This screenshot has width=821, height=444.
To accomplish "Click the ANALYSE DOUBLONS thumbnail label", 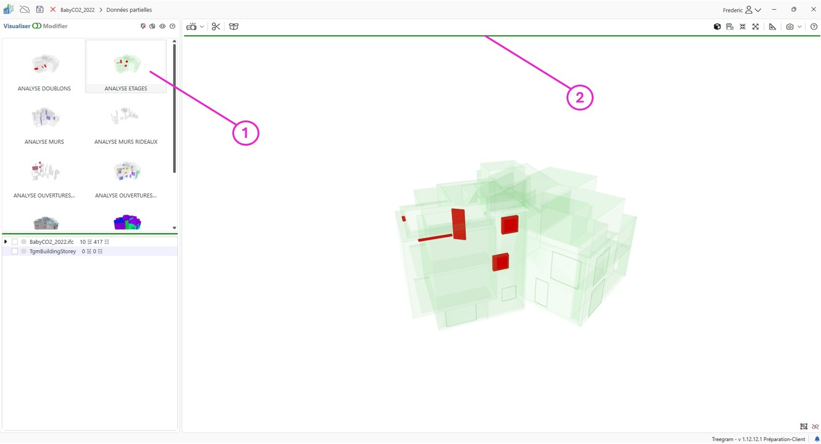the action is [x=44, y=88].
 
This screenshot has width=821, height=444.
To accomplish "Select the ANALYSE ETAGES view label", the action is [x=126, y=88].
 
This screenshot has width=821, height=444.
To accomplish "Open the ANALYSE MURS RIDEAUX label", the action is [x=126, y=142].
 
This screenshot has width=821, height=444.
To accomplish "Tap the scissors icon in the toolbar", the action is [x=216, y=27].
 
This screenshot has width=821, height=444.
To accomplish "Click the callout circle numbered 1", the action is [x=246, y=133].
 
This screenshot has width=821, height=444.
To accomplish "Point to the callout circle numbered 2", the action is [x=579, y=98].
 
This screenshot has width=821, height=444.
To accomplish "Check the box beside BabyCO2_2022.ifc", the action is [x=15, y=242].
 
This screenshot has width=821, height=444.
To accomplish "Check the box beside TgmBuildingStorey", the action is [x=15, y=251].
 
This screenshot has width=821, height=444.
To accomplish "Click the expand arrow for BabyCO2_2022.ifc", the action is [x=6, y=242].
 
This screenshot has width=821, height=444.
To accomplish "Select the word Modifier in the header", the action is [x=56, y=26].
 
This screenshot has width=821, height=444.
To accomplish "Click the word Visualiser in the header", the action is [x=17, y=26].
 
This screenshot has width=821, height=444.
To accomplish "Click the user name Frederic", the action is [x=732, y=10].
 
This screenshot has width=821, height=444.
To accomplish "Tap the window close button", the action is [x=814, y=9].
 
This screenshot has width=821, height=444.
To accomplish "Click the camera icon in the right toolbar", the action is [x=790, y=27].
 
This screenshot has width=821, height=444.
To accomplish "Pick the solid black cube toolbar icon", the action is [x=717, y=27].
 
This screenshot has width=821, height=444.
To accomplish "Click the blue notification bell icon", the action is [x=817, y=439].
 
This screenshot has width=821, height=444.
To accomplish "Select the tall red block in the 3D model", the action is [x=458, y=224].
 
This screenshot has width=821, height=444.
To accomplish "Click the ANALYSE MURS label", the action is [x=44, y=142].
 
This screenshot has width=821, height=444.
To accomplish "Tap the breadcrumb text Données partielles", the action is [x=129, y=10].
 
